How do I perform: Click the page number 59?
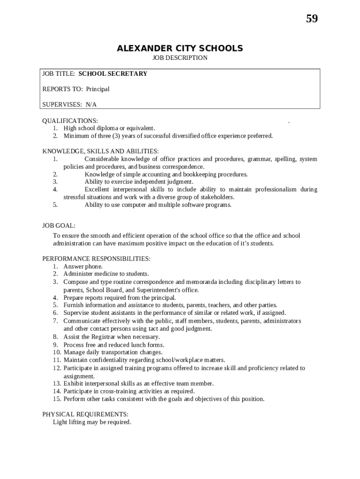pos(312,19)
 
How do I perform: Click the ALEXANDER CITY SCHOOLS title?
pos(180,48)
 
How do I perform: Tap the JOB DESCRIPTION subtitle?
pos(180,58)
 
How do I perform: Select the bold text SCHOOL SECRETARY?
pos(113,73)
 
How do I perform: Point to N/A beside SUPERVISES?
pos(91,104)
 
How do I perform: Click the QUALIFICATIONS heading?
pos(70,121)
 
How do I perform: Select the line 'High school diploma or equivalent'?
pos(109,128)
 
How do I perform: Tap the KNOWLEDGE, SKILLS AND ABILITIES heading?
pos(101,151)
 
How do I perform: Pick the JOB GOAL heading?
pos(59,225)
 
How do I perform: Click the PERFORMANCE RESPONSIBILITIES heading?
pos(96,259)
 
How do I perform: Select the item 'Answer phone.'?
pos(83,266)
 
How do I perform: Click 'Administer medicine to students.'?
pos(106,274)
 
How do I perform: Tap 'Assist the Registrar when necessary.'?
pos(112,336)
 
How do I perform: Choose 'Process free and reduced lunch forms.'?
pos(114,345)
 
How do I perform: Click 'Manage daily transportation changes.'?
pos(113,352)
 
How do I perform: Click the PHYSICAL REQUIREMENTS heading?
pos(85,414)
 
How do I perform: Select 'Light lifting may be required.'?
pos(92,422)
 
